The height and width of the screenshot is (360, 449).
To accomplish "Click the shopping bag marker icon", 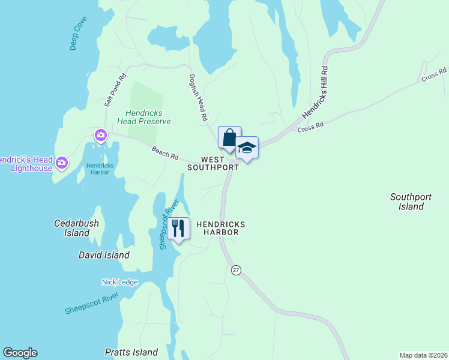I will pyautogui.click(x=229, y=137).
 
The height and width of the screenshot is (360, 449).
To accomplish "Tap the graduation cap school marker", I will pyautogui.click(x=247, y=148).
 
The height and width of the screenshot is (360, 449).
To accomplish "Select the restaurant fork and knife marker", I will pyautogui.click(x=178, y=229).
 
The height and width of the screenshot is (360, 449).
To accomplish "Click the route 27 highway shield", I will pyautogui.click(x=236, y=271).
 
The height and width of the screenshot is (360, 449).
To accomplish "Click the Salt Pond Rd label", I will pyautogui.click(x=115, y=90).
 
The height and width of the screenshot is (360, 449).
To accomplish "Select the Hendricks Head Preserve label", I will pyautogui.click(x=148, y=117).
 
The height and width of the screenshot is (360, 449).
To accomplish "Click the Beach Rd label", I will pyautogui.click(x=165, y=154).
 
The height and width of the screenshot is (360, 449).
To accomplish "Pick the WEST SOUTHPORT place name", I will pyautogui.click(x=213, y=164).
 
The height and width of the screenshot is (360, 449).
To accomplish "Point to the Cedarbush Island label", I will pyautogui.click(x=76, y=228).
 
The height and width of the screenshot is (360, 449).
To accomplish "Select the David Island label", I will pyautogui.click(x=104, y=255).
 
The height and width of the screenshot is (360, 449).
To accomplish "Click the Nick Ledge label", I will pyautogui.click(x=119, y=282).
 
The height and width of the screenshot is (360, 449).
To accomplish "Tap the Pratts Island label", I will pyautogui.click(x=131, y=352).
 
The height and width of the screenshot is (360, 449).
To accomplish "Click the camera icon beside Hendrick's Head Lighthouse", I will pyautogui.click(x=61, y=163).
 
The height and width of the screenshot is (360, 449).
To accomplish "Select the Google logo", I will pyautogui.click(x=20, y=353).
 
